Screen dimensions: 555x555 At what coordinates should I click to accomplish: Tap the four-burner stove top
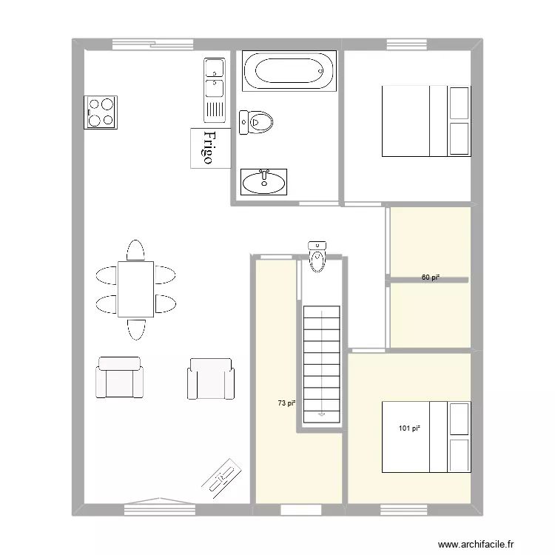(x=101, y=112)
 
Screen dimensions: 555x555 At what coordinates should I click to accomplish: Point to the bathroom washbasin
(x=263, y=181)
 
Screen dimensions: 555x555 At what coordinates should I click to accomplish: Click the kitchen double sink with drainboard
(x=215, y=90)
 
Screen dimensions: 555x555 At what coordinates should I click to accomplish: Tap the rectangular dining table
(x=135, y=289)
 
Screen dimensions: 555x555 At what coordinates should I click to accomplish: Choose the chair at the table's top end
(x=135, y=250)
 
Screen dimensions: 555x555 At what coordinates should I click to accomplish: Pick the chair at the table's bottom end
(x=135, y=329)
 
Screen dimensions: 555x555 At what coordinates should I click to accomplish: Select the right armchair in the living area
(x=211, y=378)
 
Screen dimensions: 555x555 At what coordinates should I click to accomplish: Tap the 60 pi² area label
(x=431, y=277)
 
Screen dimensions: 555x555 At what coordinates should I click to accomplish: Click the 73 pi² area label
(x=286, y=403)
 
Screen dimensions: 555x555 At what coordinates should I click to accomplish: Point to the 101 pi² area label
(x=409, y=428)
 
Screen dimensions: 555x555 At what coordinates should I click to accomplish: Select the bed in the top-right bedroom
(x=425, y=121)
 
